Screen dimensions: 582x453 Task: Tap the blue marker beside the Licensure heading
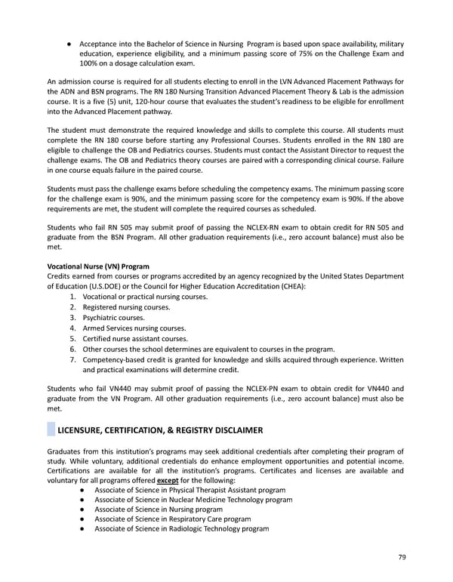(51, 430)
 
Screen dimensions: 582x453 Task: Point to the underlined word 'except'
(168, 480)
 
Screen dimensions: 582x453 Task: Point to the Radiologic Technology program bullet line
(181, 528)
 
